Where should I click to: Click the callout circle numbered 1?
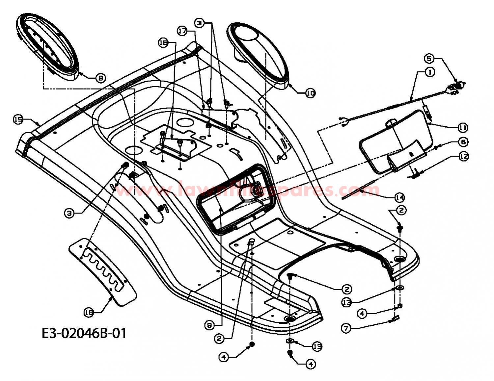point(430,72)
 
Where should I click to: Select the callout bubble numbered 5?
point(429,59)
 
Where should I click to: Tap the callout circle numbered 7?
point(345,328)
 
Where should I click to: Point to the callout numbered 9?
point(209,325)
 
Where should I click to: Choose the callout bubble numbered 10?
point(310,93)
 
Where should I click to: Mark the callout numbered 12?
point(463,156)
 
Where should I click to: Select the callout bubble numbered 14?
point(399,197)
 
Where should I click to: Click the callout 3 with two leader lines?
point(199,23)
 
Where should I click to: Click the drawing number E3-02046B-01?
point(84,333)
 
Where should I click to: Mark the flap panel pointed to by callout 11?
point(395,141)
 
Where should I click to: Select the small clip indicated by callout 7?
point(395,318)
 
